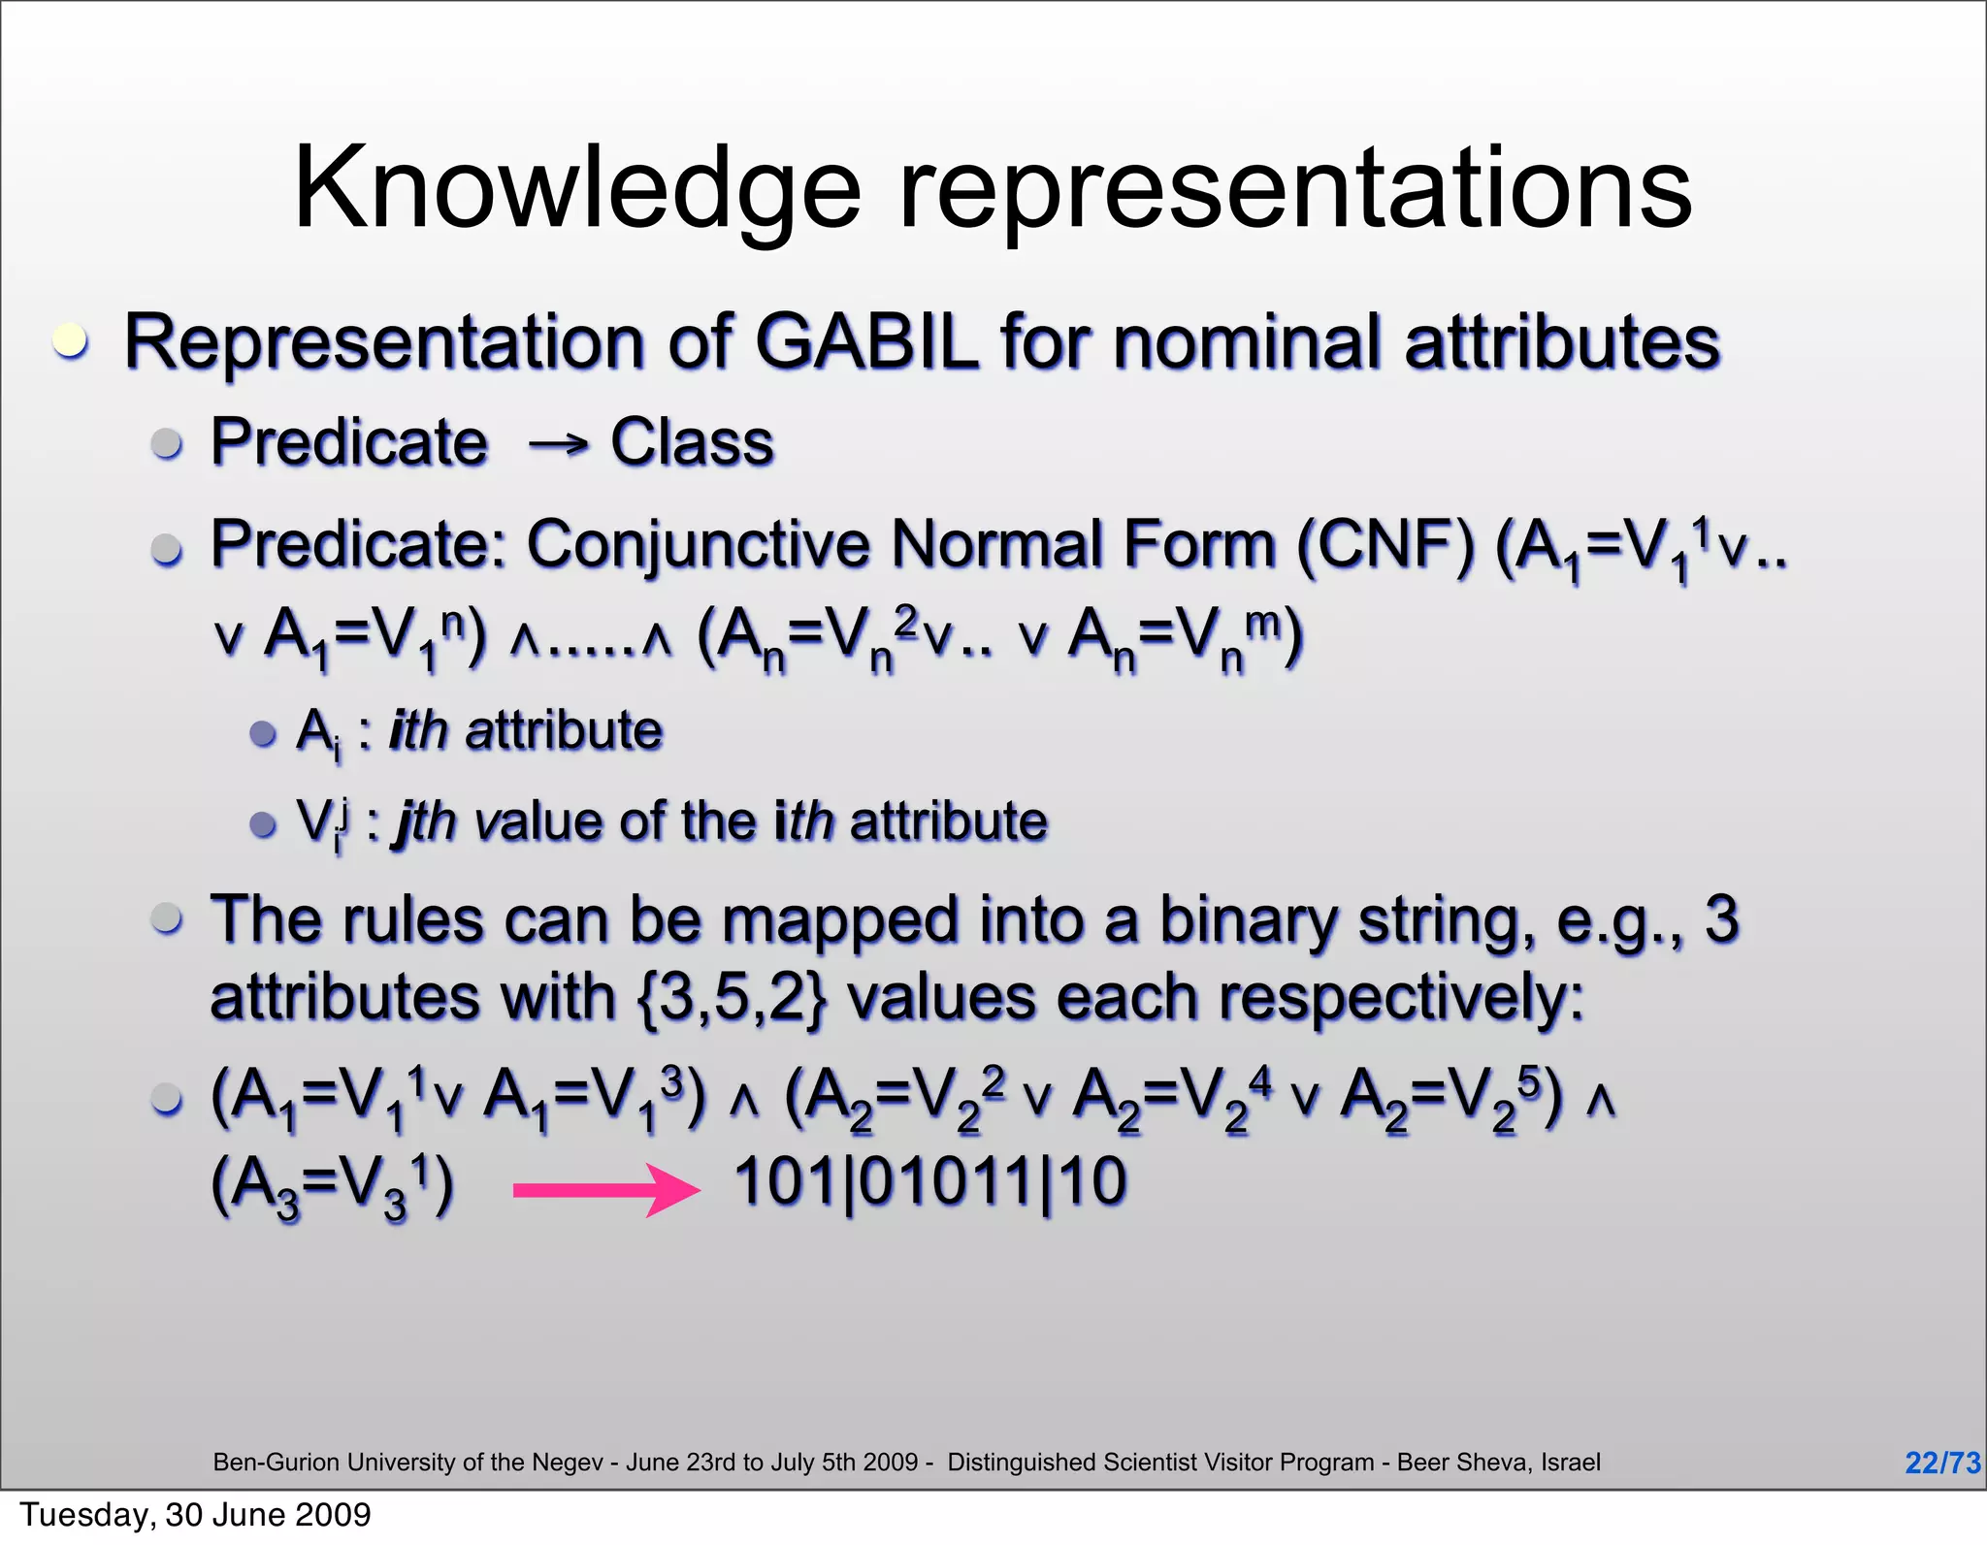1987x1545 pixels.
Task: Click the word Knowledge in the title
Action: pos(576,189)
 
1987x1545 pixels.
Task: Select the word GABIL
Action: pos(866,342)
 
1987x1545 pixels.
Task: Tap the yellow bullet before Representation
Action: pos(70,341)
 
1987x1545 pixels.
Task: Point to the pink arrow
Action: pos(606,1189)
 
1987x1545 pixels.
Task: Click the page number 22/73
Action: pos(1941,1463)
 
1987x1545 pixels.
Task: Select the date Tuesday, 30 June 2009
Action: pos(195,1515)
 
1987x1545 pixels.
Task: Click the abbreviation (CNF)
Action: pos(1385,544)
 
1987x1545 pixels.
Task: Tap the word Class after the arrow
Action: pos(692,443)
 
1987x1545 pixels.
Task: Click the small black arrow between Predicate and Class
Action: pos(559,445)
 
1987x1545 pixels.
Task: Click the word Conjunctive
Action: pos(699,544)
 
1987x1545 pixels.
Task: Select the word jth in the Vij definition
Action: pos(423,822)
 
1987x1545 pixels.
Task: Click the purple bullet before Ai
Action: pos(263,733)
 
